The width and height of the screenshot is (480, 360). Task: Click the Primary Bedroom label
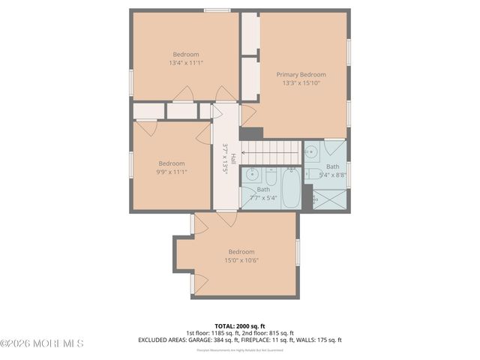pyautogui.click(x=301, y=74)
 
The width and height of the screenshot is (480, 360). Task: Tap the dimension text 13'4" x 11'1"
pyautogui.click(x=186, y=63)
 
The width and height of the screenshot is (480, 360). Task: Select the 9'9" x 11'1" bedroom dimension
pyautogui.click(x=171, y=172)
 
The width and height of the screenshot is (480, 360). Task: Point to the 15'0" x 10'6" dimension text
pyautogui.click(x=241, y=260)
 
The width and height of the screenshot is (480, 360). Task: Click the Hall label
pyautogui.click(x=233, y=159)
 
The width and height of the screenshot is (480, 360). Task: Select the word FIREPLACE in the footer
pyautogui.click(x=259, y=340)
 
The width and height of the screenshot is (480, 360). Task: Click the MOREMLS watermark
pyautogui.click(x=42, y=343)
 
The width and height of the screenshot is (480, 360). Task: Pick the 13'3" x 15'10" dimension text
pyautogui.click(x=301, y=83)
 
